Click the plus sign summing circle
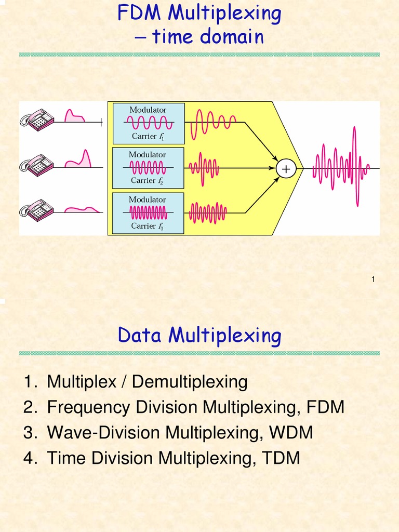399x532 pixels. pyautogui.click(x=285, y=168)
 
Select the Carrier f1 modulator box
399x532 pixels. pyautogui.click(x=148, y=123)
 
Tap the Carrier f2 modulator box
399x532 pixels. pyautogui.click(x=148, y=168)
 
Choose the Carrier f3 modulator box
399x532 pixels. pyautogui.click(x=148, y=213)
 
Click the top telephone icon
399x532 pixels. pyautogui.click(x=37, y=119)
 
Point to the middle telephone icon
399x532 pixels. pyautogui.click(x=37, y=165)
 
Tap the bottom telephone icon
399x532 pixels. pyautogui.click(x=37, y=210)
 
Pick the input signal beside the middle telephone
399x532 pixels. pyautogui.click(x=78, y=159)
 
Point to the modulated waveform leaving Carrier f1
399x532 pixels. pyautogui.click(x=213, y=123)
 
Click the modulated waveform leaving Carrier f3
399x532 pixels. pyautogui.click(x=207, y=212)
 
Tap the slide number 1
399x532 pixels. pyautogui.click(x=373, y=280)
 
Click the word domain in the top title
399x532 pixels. pyautogui.click(x=235, y=37)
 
